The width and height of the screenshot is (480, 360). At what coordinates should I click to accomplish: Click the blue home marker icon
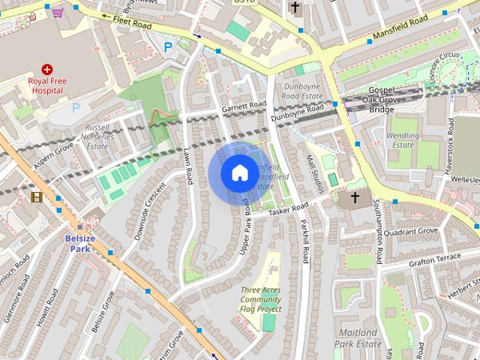point(238,173)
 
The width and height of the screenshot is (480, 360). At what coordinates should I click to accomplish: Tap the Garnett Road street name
point(244,107)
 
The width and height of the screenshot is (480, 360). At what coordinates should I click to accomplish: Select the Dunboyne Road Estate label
point(302,91)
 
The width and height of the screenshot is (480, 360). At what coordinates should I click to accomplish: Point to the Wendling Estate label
point(402,139)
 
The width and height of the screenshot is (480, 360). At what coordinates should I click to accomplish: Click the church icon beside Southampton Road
point(354,199)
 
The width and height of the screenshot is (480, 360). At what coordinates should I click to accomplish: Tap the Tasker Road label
point(289,210)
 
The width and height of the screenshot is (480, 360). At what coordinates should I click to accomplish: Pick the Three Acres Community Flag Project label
point(261,300)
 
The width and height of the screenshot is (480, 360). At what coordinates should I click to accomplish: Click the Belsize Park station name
point(78,243)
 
